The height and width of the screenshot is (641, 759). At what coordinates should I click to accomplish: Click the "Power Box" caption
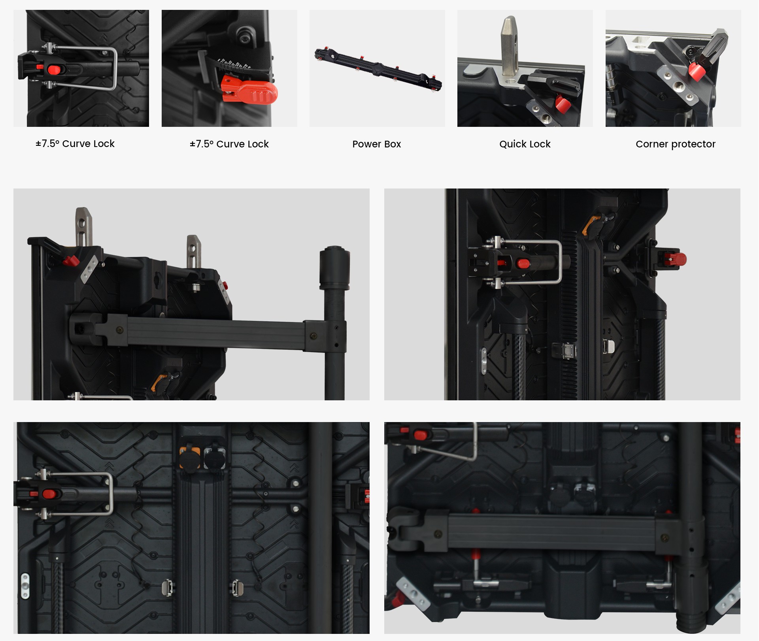[x=377, y=144]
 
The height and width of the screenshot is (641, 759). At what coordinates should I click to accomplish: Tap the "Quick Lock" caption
[x=525, y=144]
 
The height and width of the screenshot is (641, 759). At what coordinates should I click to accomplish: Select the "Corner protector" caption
[x=675, y=144]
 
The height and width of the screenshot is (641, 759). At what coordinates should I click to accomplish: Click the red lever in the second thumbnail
[x=249, y=91]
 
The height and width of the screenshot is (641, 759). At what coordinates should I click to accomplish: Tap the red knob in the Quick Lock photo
[x=563, y=104]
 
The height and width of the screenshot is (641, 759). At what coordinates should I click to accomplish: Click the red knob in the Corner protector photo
[x=697, y=71]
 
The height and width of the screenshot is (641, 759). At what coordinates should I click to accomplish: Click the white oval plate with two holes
[x=25, y=586]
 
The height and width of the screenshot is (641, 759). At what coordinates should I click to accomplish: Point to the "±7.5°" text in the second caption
[x=202, y=144]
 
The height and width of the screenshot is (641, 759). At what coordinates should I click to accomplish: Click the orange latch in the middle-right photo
[x=588, y=225]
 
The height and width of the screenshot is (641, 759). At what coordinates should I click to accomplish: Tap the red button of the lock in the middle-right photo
[x=523, y=263]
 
